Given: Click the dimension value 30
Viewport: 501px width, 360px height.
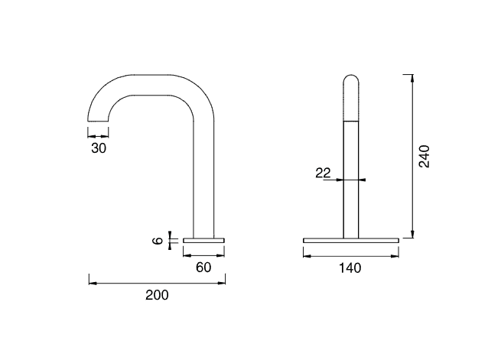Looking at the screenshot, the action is pyautogui.click(x=99, y=148).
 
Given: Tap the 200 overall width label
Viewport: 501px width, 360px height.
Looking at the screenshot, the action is pyautogui.click(x=157, y=295).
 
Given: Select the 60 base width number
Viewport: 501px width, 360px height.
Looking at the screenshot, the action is pyautogui.click(x=203, y=268).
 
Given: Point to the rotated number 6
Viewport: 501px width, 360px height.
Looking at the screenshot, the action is pyautogui.click(x=158, y=241).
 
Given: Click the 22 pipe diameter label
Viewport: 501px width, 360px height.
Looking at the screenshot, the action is pyautogui.click(x=323, y=173).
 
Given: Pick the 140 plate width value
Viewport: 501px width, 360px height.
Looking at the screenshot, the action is pyautogui.click(x=350, y=268).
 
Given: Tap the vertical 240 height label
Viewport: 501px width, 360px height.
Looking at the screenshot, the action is pyautogui.click(x=425, y=157).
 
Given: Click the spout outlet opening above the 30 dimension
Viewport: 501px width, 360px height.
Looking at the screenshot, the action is pyautogui.click(x=98, y=122).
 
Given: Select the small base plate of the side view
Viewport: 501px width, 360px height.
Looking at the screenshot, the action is pyautogui.click(x=203, y=240).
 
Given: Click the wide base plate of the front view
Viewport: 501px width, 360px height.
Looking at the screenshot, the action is pyautogui.click(x=351, y=240).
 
